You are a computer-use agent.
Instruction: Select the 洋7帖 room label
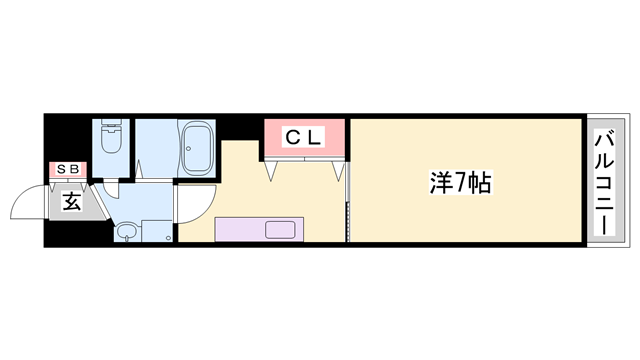[461, 183]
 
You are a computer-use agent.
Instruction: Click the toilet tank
[110, 127]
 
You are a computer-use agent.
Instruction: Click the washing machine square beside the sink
[155, 232]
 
